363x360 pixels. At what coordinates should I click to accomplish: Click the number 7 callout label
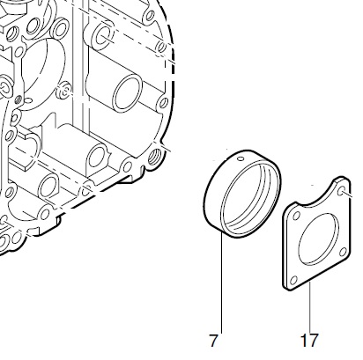click(213, 341)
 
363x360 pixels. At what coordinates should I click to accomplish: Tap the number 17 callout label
click(309, 341)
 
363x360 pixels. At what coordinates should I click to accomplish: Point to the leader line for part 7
click(221, 283)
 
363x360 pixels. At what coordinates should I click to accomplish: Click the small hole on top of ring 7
click(241, 158)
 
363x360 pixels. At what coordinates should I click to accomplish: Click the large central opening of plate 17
click(318, 239)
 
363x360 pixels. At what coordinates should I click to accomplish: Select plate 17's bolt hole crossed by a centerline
click(342, 192)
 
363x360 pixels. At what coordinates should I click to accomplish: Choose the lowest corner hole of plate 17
click(294, 281)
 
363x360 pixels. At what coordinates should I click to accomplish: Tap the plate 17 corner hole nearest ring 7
click(297, 217)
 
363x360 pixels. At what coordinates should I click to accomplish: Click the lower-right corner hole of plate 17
click(343, 252)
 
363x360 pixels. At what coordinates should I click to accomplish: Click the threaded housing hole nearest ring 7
click(154, 157)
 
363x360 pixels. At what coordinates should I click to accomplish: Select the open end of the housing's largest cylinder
click(128, 92)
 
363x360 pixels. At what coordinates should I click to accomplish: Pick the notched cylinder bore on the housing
click(98, 158)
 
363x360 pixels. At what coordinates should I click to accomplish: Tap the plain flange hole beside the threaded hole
click(128, 166)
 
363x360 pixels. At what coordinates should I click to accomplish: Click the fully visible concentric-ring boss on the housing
click(64, 91)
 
